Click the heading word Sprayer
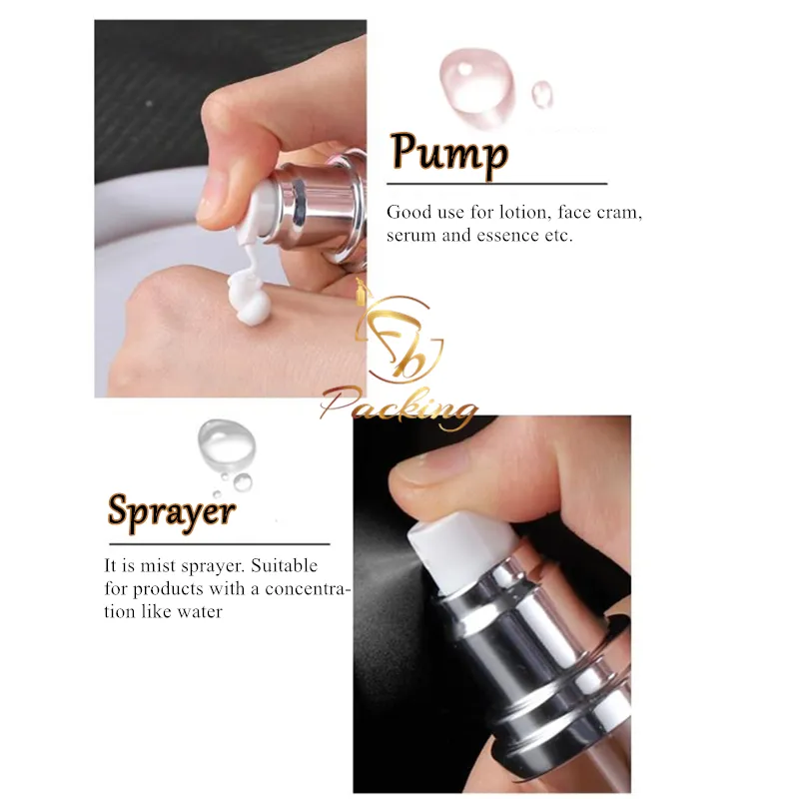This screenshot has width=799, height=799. tap(172, 511)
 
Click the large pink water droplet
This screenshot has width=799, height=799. tap(474, 76)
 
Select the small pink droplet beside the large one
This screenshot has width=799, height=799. tap(542, 94)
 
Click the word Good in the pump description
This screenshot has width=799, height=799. tap(407, 213)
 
